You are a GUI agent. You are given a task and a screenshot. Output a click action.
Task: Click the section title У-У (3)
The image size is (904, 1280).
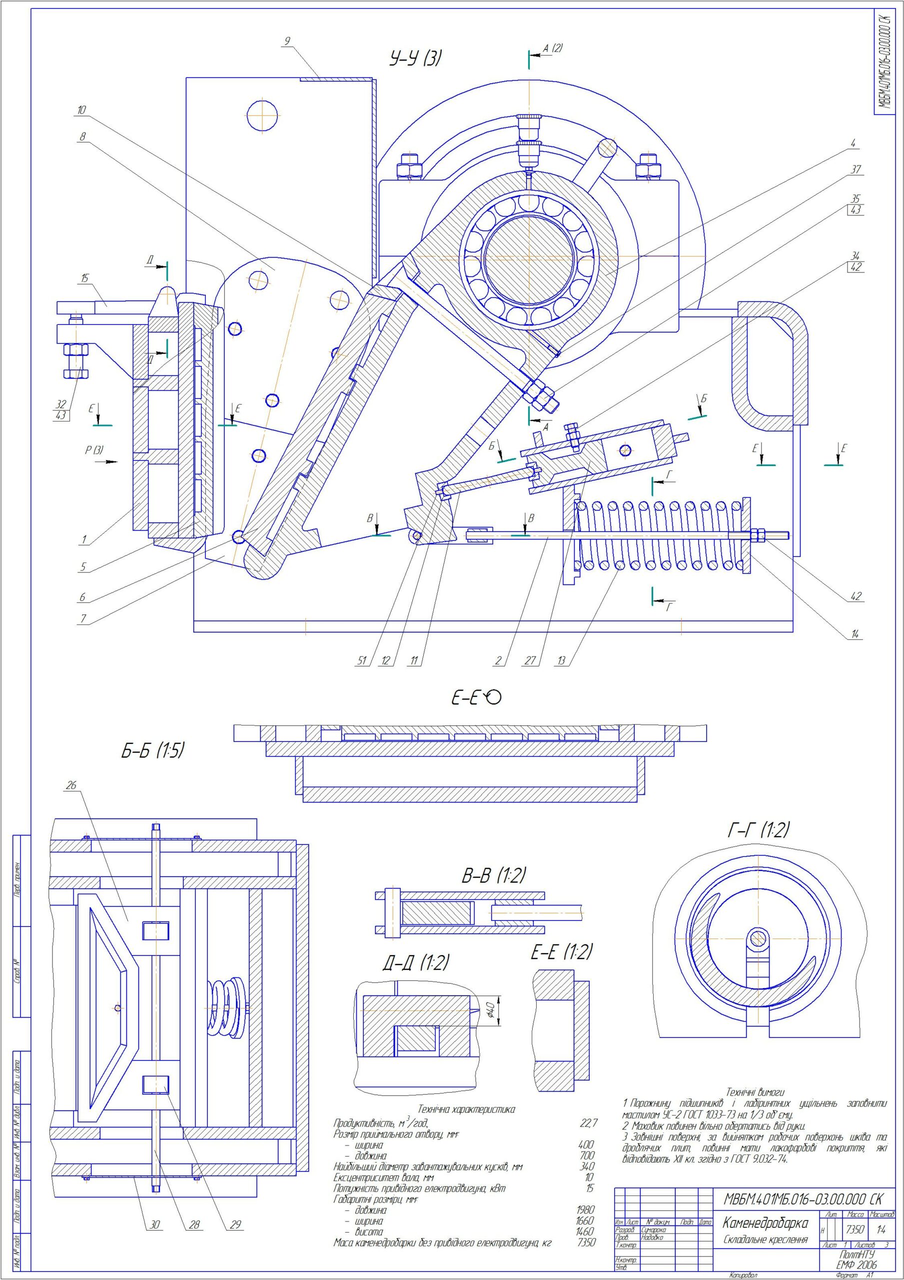(416, 58)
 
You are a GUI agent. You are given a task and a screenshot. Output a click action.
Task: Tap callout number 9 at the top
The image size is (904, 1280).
(287, 40)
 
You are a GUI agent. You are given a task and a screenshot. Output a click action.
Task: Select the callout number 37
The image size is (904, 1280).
(856, 169)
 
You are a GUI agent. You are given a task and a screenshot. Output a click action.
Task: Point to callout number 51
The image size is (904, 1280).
(363, 660)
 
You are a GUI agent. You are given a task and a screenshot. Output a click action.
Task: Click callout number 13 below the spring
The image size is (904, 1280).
(561, 660)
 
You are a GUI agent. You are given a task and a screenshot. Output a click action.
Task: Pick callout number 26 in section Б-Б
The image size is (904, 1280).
(71, 785)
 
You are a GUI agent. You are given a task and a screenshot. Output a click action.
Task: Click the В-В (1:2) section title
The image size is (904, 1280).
(493, 875)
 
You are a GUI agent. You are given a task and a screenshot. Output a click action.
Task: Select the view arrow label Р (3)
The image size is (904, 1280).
(93, 450)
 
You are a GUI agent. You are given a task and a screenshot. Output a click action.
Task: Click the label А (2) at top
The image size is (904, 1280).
(553, 48)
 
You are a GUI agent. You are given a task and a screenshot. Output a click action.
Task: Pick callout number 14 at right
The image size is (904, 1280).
(855, 634)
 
